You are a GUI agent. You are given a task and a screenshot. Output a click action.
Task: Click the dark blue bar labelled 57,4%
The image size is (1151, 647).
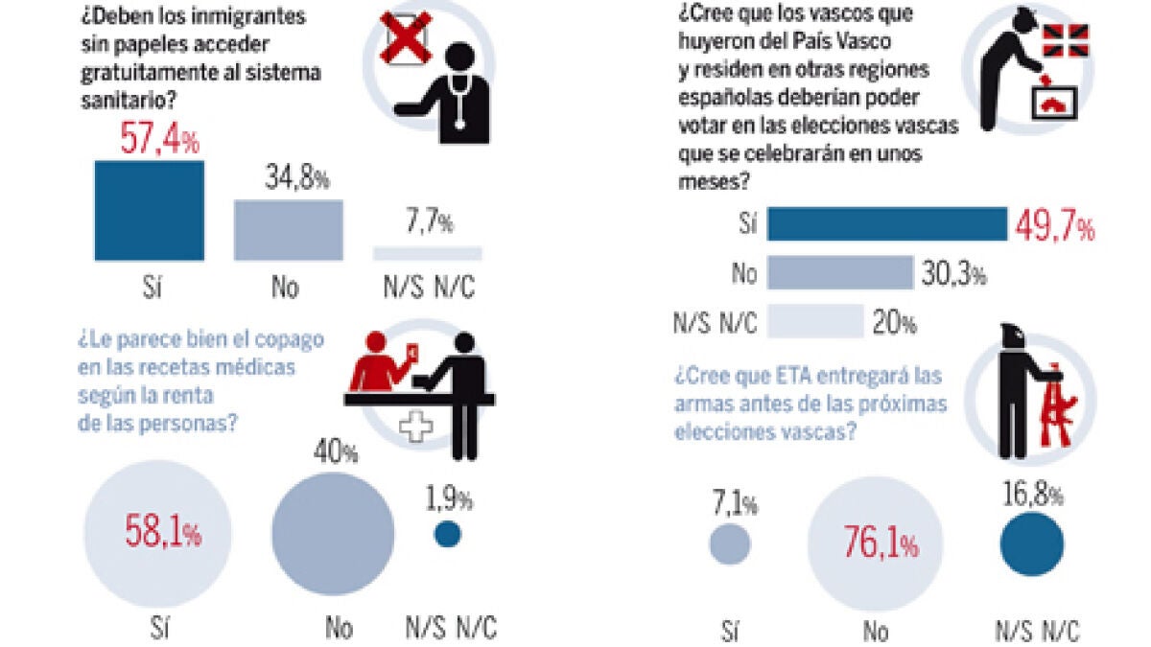click(149, 211)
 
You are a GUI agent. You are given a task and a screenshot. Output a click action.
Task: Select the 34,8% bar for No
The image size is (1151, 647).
click(288, 230)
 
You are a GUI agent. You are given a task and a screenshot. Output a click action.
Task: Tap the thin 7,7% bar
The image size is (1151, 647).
click(427, 253)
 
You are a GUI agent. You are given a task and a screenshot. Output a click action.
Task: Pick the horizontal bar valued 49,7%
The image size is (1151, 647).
click(887, 224)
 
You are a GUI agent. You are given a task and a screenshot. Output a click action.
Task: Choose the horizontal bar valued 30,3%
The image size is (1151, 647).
click(840, 272)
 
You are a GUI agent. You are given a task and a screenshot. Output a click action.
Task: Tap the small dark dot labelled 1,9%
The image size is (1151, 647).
click(447, 535)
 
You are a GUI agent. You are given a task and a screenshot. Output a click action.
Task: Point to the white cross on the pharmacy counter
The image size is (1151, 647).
click(415, 427)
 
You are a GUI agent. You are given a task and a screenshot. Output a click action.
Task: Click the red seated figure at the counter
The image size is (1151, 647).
click(378, 362)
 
